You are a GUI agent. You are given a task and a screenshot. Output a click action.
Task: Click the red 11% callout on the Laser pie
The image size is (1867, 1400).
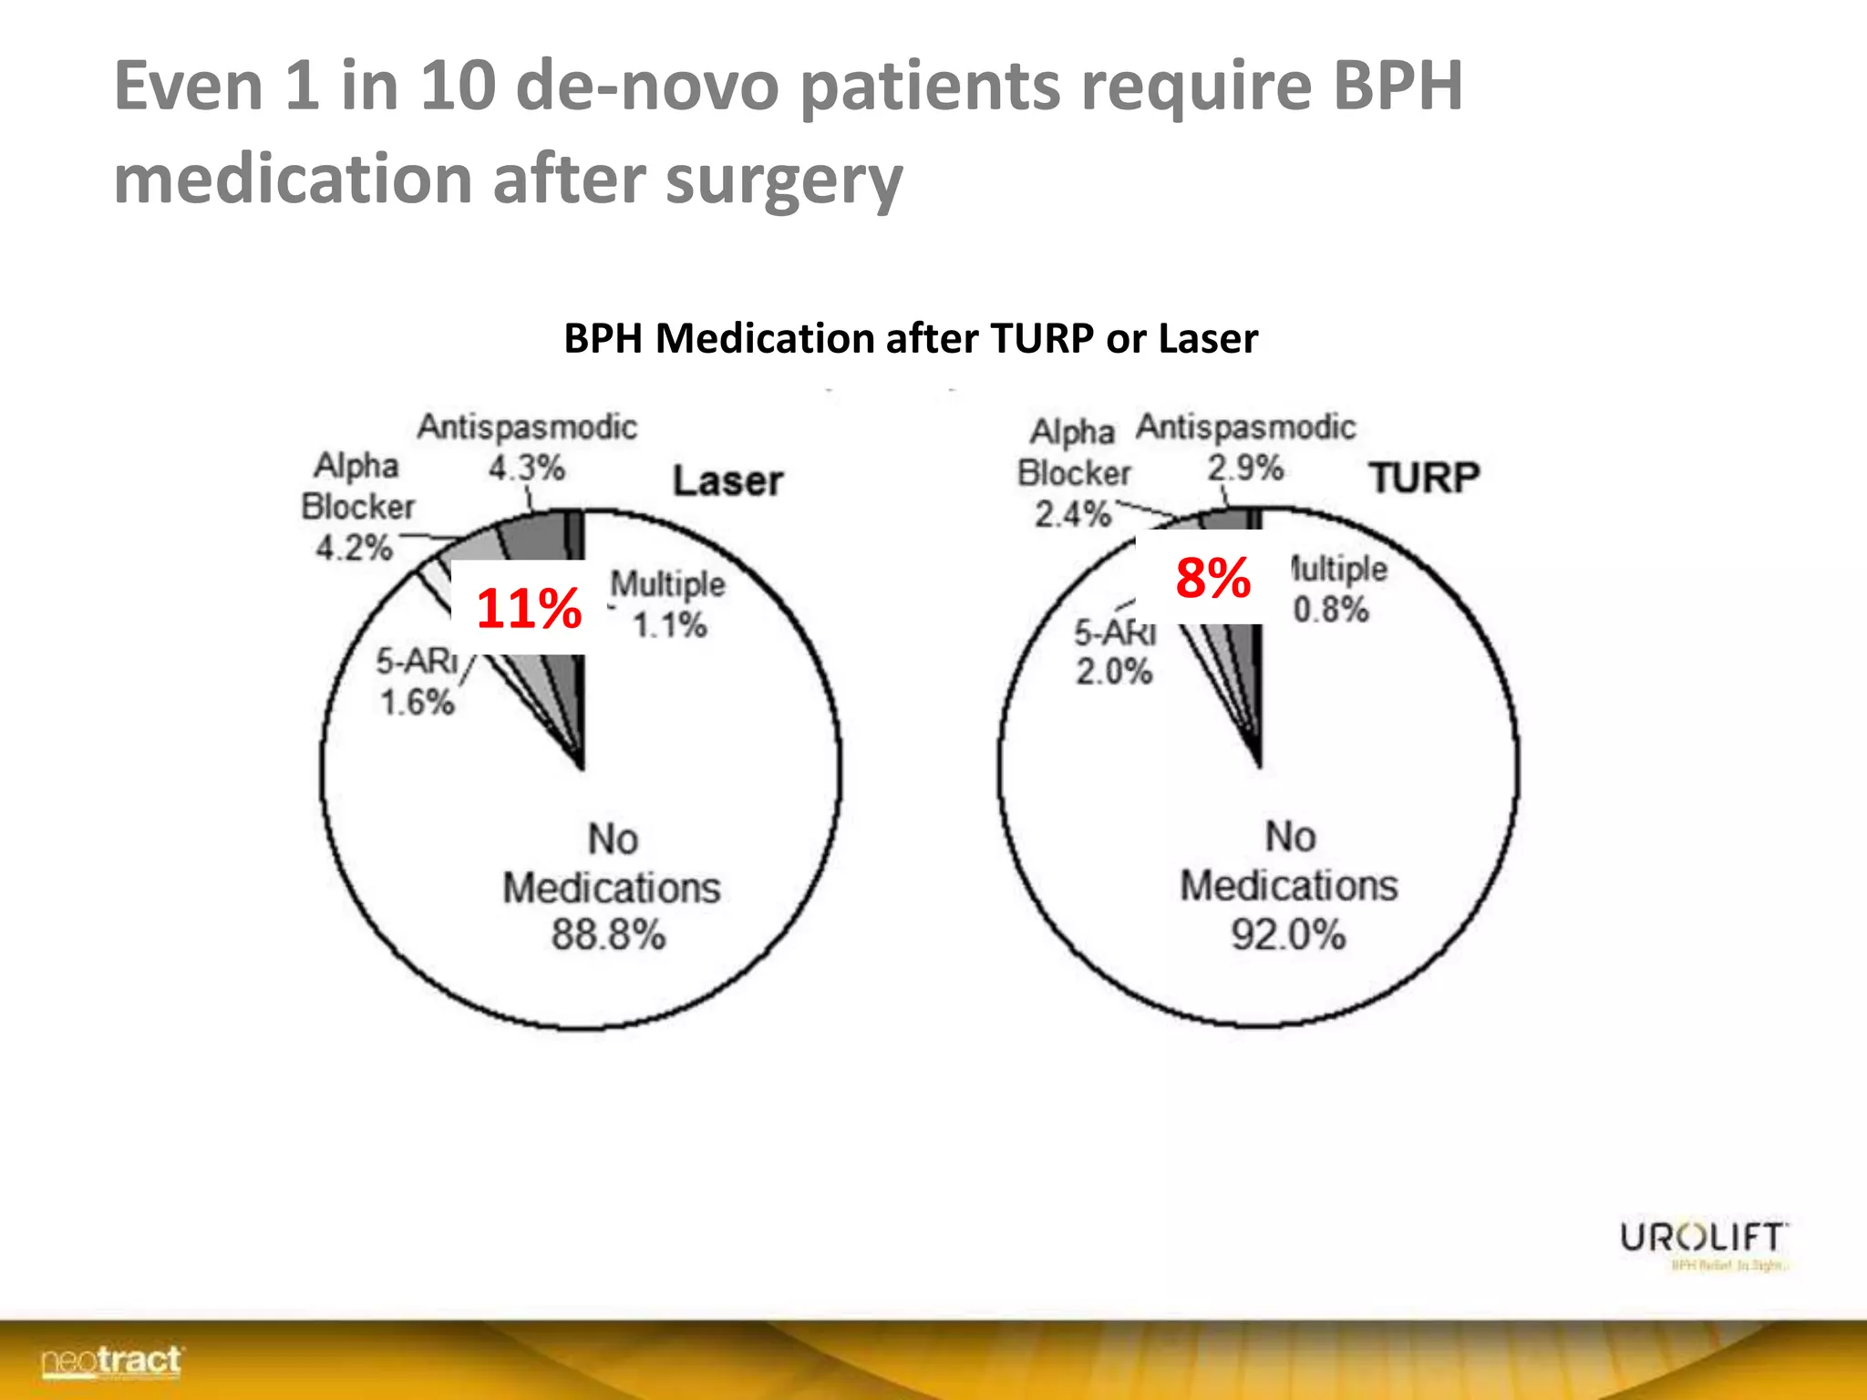(x=529, y=608)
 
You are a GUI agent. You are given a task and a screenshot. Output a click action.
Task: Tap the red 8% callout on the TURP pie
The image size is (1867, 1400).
(x=1212, y=578)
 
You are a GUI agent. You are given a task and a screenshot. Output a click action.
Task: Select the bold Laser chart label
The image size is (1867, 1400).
(x=727, y=481)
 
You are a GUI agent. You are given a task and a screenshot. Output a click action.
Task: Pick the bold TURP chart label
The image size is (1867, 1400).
(x=1424, y=478)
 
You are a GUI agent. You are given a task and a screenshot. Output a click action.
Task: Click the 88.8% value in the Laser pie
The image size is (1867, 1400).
(x=608, y=935)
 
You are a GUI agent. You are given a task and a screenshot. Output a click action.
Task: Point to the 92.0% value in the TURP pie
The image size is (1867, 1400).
(x=1287, y=935)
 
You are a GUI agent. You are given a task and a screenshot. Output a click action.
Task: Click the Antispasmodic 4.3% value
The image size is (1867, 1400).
(x=526, y=468)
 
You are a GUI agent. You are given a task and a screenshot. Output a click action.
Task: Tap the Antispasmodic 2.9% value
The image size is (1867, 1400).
(x=1245, y=468)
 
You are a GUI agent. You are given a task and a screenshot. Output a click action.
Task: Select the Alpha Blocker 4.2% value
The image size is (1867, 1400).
(x=354, y=548)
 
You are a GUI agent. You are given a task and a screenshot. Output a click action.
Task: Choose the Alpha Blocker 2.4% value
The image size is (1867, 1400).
(x=1072, y=515)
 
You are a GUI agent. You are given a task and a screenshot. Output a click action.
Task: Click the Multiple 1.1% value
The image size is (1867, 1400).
(x=669, y=626)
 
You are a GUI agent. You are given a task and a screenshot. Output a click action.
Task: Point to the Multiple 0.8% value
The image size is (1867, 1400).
(x=1331, y=610)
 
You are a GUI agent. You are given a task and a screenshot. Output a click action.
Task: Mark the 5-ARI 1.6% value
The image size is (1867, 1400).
(x=417, y=703)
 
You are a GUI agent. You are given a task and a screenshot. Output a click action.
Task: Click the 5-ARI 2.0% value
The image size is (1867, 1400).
(x=1113, y=673)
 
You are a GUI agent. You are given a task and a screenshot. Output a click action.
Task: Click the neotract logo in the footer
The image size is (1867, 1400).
(x=111, y=1361)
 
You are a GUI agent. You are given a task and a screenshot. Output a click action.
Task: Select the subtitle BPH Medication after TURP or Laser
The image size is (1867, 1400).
(x=910, y=339)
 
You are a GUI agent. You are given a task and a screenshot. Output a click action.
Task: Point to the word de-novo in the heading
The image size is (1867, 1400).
(x=646, y=86)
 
